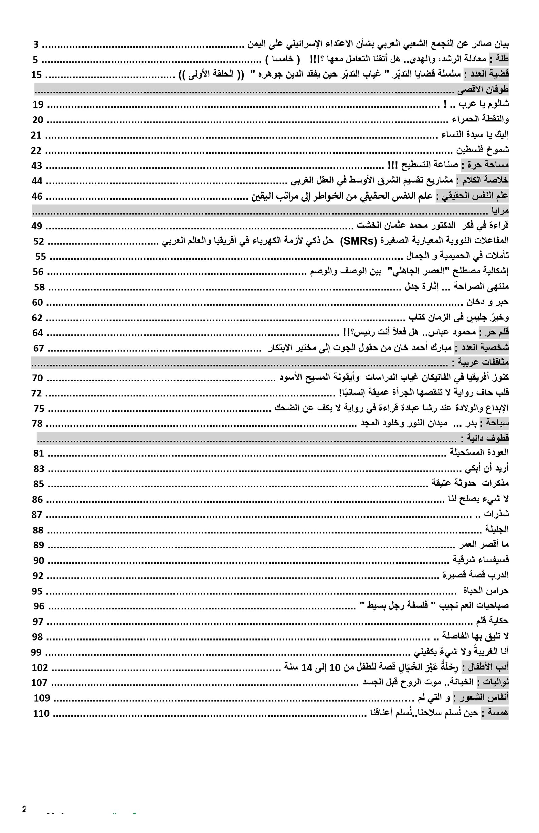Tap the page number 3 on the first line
coord(36,45)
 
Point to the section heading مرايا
coord(500,211)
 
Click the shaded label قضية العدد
coord(486,75)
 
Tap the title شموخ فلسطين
coord(482,150)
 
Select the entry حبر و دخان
coord(487,302)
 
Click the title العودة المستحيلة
coord(479,453)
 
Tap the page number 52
coord(38,241)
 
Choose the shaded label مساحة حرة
coord(485,165)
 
